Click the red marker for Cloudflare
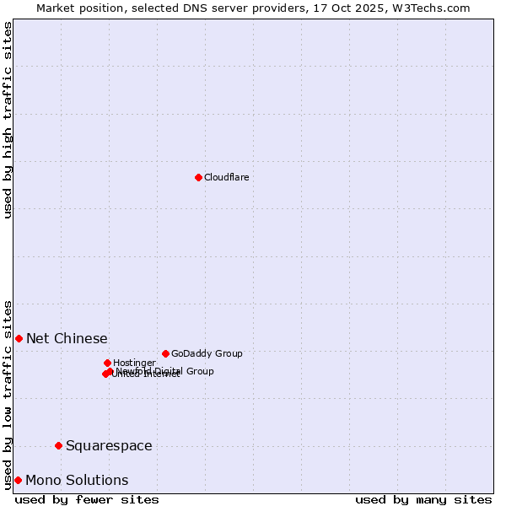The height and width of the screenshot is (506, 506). point(198,177)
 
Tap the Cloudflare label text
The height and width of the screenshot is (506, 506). point(226,177)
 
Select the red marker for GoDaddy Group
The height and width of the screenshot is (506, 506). point(165,353)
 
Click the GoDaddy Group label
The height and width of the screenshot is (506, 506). point(207,353)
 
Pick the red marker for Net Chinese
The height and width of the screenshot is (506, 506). point(19,338)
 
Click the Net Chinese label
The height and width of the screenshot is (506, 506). point(67,338)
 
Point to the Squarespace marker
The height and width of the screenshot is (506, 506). point(58,445)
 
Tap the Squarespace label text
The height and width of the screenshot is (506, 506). point(109,445)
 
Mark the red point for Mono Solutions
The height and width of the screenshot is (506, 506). point(18,480)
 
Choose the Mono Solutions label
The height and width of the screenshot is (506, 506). point(77,480)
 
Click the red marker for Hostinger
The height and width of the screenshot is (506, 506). point(107,363)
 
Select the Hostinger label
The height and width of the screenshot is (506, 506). point(134,363)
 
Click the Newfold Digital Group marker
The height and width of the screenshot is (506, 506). point(110,371)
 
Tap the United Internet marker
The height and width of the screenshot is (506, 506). point(105,374)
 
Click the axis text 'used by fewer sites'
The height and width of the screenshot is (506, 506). point(87,499)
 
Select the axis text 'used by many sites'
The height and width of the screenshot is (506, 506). point(423,499)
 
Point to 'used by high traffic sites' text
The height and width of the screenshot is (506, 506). point(8,120)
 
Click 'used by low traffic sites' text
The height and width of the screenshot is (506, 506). point(8,394)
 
